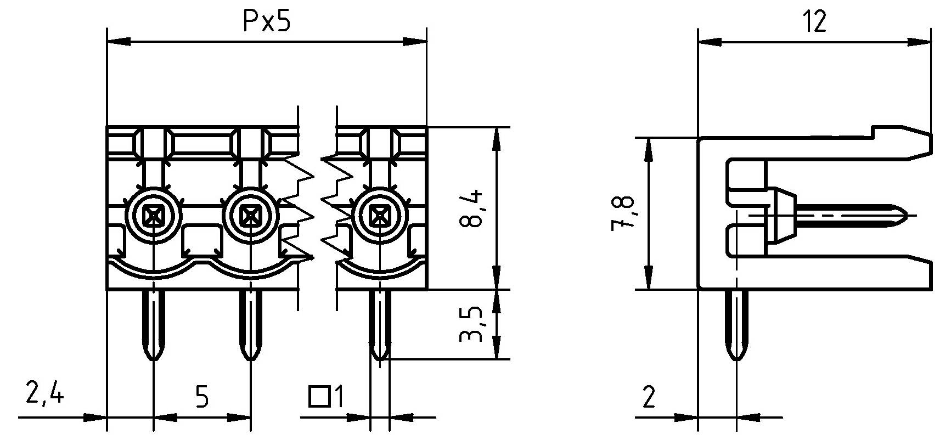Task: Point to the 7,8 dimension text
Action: [x=624, y=213]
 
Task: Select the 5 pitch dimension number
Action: [x=202, y=396]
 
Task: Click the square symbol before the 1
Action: [x=319, y=397]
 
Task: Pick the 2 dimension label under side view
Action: [x=649, y=396]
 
